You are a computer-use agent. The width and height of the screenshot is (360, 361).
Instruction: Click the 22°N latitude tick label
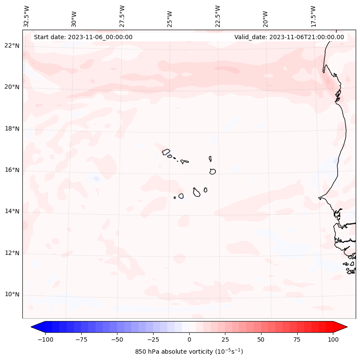coord(12,46)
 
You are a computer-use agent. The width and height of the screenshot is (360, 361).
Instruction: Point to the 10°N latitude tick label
coord(12,295)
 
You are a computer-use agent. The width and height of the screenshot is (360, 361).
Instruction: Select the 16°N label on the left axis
coord(12,170)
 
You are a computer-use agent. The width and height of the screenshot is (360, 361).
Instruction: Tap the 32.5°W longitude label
coord(27,16)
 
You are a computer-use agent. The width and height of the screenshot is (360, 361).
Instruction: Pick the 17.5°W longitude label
coord(313,16)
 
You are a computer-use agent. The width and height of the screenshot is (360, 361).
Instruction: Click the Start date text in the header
coord(83,37)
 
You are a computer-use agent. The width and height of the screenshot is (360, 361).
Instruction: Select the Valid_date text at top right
coord(289,37)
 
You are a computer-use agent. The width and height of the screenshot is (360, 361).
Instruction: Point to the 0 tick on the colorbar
coord(189,339)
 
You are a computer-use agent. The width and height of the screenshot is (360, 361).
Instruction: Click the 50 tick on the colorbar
coord(261,339)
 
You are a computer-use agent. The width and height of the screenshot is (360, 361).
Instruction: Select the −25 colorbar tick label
coord(153,339)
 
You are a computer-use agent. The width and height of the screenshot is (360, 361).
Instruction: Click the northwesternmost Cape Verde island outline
coord(166,151)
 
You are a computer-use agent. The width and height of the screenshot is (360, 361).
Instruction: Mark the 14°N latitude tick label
coord(12,212)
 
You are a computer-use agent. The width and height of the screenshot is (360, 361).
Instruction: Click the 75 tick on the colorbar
coord(297,339)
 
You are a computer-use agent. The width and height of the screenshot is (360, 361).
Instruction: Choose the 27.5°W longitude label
coord(122,16)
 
